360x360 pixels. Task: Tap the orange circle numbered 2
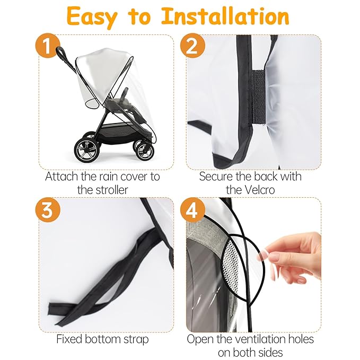pyautogui.click(x=192, y=47)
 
